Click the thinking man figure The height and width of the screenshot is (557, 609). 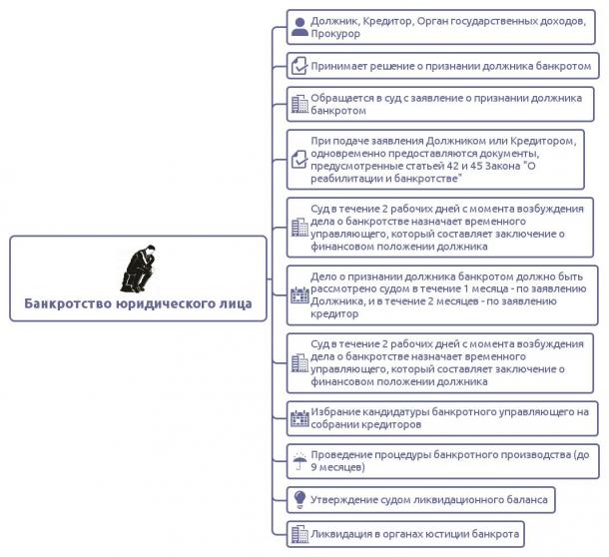pos(139,269)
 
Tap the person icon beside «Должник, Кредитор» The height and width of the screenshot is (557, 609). pos(300,27)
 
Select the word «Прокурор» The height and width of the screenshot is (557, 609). pos(335,34)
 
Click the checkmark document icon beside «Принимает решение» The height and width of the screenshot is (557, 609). pos(300,66)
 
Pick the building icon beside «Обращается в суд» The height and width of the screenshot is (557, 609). pos(300,104)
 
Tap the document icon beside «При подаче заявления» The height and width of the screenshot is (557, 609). pos(300,160)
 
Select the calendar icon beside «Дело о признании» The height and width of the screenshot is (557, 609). pos(300,295)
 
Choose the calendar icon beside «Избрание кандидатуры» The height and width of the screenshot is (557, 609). pos(300,418)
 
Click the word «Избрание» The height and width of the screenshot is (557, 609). pos(334,411)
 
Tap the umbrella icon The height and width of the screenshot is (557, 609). pos(300,461)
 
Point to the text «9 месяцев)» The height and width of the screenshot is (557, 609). pos(337,467)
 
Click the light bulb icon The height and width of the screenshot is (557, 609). pos(300,500)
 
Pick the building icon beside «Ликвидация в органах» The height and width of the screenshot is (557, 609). pos(300,534)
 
